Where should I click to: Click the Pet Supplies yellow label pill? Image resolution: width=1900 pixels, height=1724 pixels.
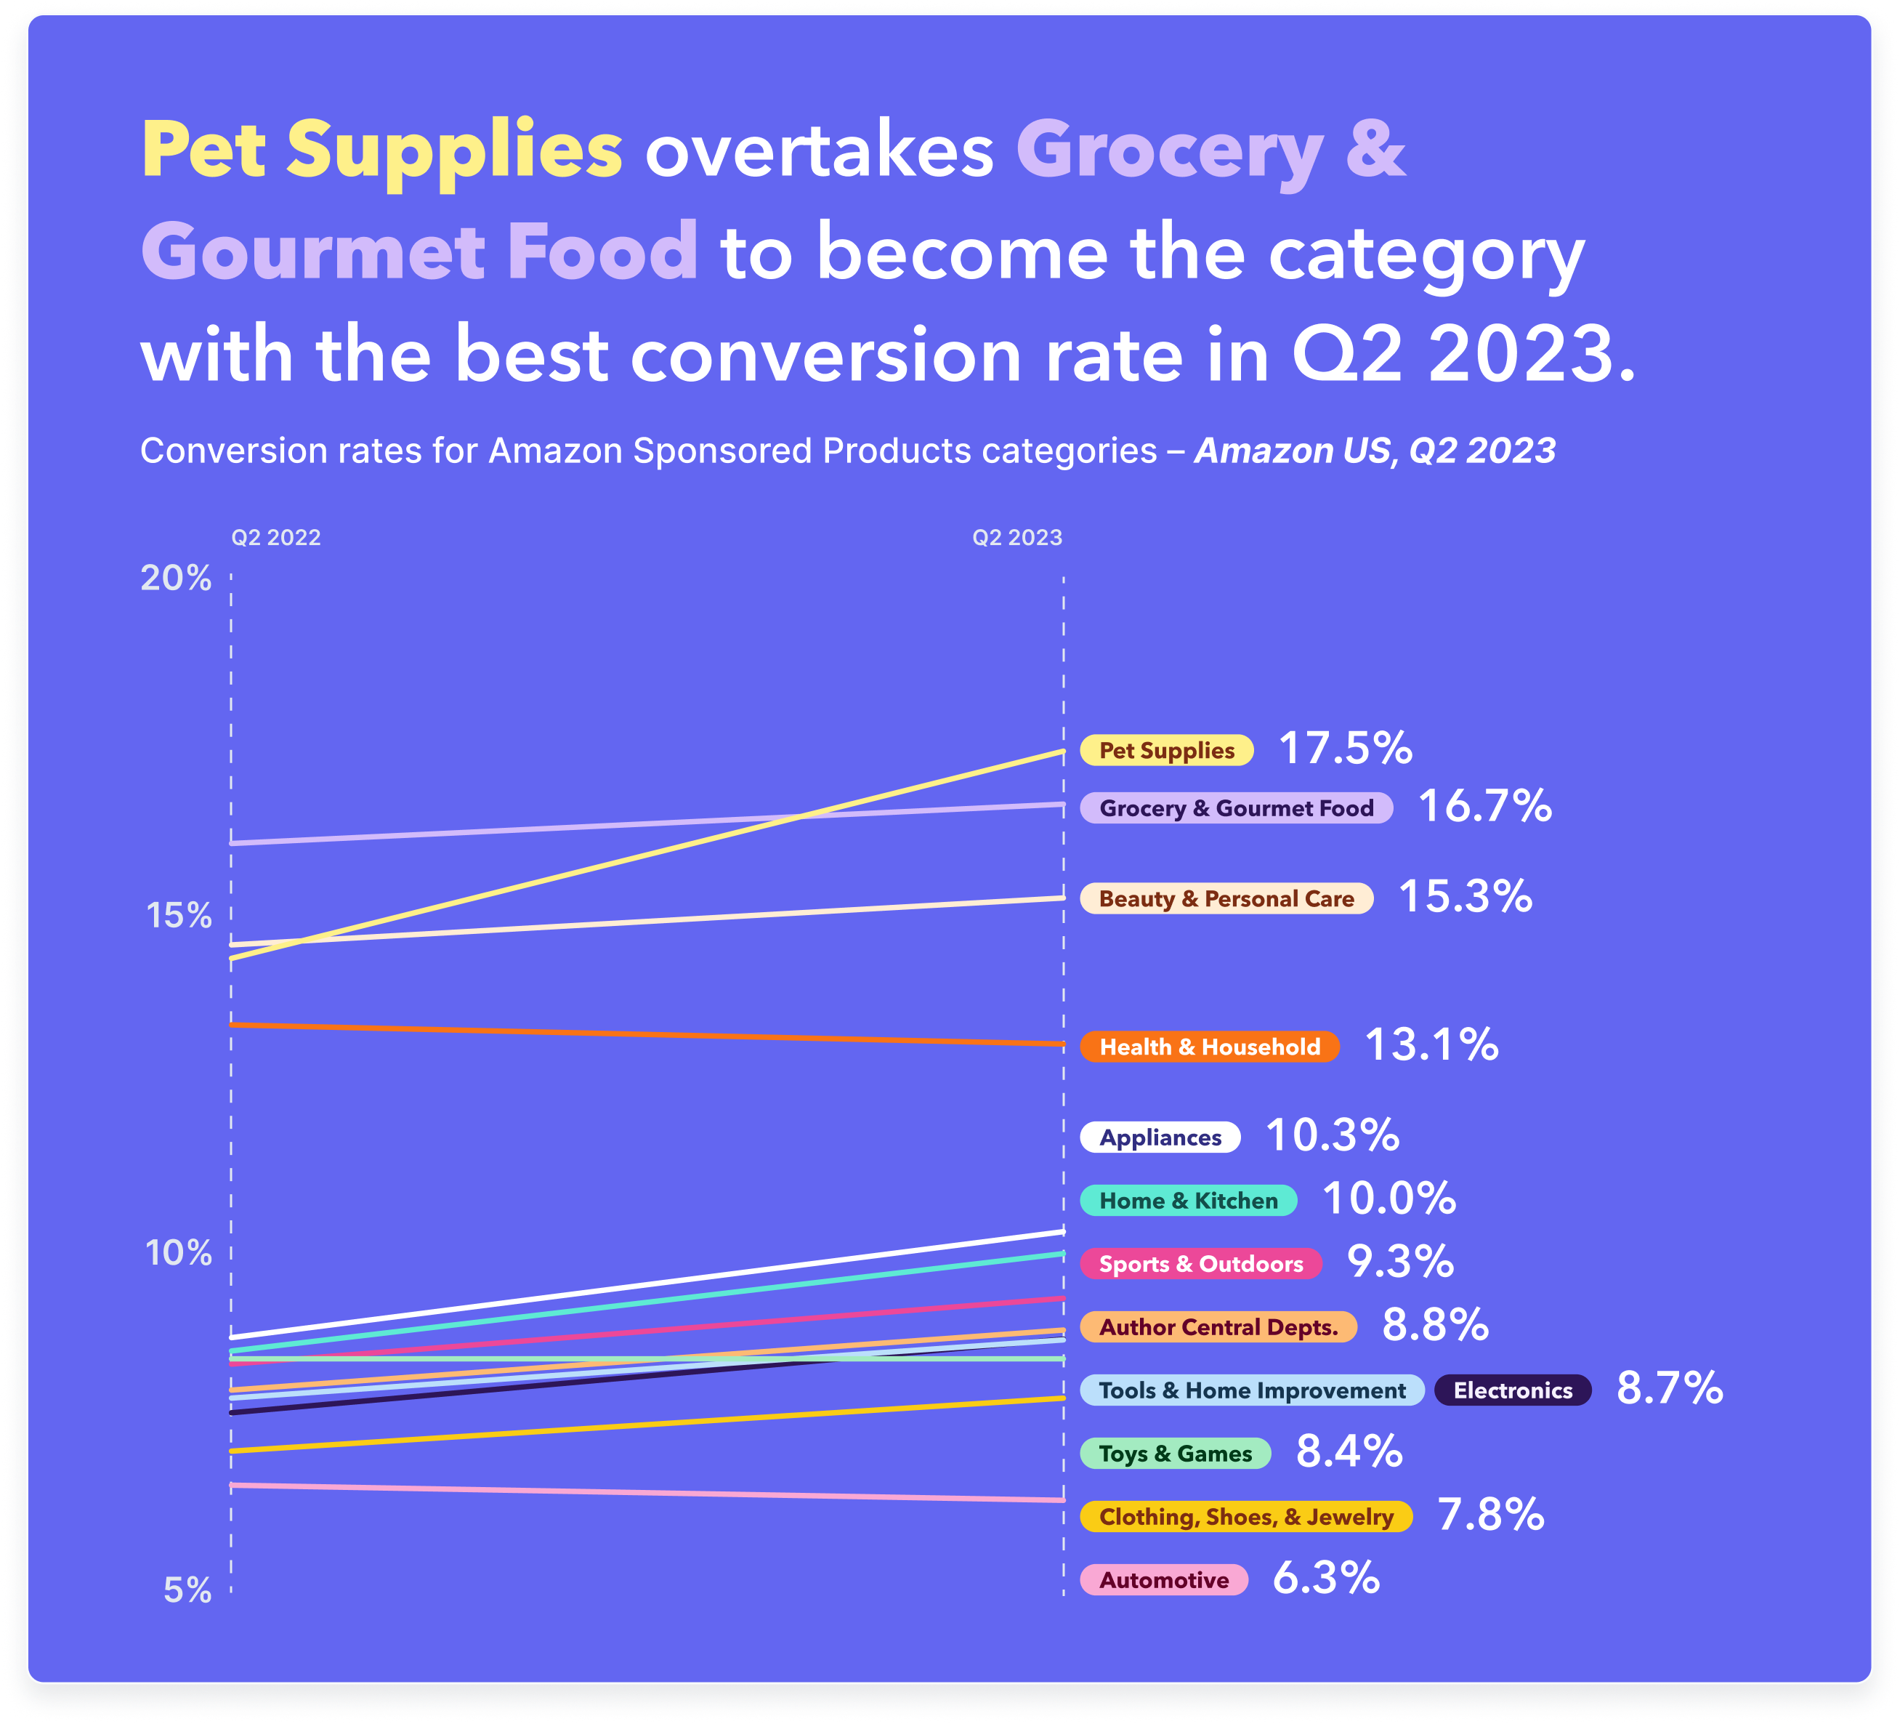[x=1166, y=750]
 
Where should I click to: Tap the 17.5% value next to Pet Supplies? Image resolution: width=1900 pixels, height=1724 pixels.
[x=1345, y=749]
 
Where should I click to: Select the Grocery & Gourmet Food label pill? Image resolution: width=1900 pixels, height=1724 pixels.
[x=1236, y=807]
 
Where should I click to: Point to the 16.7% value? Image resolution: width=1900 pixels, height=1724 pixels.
[x=1484, y=807]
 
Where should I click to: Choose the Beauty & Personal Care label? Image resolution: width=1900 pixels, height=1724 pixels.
[x=1226, y=898]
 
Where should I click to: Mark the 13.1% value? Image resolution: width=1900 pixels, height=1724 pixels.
[x=1431, y=1045]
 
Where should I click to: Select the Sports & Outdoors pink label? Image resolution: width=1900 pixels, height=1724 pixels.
[x=1201, y=1263]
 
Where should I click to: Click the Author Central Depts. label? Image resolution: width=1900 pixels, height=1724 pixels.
[x=1218, y=1326]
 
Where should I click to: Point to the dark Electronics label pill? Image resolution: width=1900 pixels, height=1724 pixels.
[x=1512, y=1390]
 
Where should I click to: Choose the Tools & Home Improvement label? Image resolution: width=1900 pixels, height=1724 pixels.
[x=1252, y=1390]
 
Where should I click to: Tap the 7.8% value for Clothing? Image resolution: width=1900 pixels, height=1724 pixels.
[x=1490, y=1515]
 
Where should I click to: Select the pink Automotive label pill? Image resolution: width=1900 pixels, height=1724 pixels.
[x=1163, y=1580]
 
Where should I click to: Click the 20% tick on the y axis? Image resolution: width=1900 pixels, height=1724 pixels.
[x=177, y=578]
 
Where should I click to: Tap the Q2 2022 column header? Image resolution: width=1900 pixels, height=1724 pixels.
[x=276, y=537]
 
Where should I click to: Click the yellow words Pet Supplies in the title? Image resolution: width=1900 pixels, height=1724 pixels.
[x=381, y=151]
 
